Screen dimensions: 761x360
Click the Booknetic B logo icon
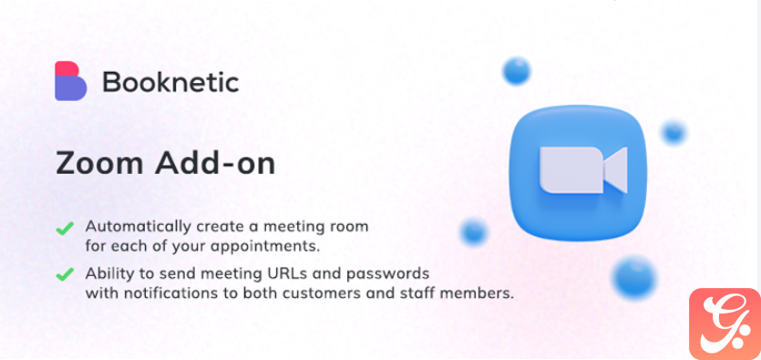tap(70, 81)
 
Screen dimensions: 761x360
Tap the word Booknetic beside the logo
tap(170, 82)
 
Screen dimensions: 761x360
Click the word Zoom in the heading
tap(99, 163)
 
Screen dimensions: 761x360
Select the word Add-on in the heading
tap(215, 163)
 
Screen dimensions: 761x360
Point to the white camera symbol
tap(583, 170)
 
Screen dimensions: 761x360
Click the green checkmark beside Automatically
tap(65, 228)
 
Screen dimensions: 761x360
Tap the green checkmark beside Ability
tap(65, 274)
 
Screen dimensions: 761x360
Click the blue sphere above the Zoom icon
tap(517, 71)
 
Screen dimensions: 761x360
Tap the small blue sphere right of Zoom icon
tap(674, 132)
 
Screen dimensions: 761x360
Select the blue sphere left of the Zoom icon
tap(473, 231)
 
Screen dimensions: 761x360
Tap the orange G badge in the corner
tap(725, 324)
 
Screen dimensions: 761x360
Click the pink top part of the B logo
tap(67, 68)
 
